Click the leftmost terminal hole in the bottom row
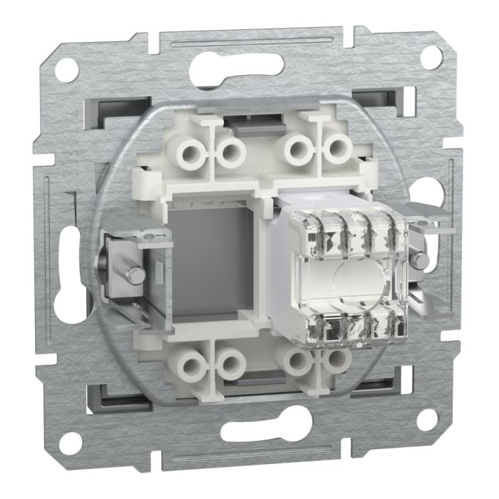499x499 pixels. pyautogui.click(x=193, y=364)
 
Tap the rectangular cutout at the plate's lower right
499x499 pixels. pyautogui.click(x=389, y=390)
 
